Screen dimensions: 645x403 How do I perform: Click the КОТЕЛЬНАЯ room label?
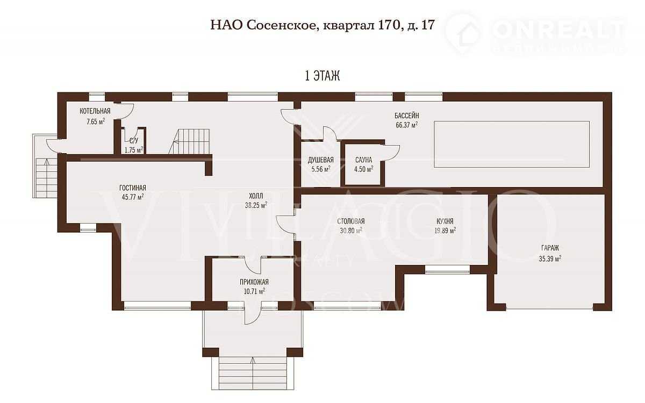(x=95, y=111)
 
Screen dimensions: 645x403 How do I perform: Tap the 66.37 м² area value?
(x=406, y=125)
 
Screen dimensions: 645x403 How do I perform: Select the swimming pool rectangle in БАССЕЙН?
(x=512, y=144)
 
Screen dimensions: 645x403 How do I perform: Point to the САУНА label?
(x=363, y=160)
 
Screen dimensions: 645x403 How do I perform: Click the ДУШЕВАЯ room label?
(x=321, y=160)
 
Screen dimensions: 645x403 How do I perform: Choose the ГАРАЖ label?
(x=550, y=248)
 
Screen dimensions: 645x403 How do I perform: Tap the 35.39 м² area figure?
(x=550, y=258)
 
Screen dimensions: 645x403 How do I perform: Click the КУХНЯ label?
(x=445, y=221)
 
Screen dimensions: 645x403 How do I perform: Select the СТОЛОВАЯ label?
(x=350, y=221)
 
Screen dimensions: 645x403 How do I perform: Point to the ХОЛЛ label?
(x=256, y=196)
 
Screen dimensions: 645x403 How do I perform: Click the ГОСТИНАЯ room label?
(x=133, y=188)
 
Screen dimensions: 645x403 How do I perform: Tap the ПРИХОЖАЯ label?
(x=254, y=282)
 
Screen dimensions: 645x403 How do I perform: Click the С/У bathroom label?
(x=134, y=141)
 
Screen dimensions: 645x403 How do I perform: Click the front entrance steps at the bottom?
(x=253, y=373)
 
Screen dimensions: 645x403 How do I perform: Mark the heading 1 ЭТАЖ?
(x=322, y=76)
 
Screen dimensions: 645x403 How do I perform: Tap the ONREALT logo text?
(x=559, y=30)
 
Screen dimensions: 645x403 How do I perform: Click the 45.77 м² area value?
(x=133, y=197)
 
